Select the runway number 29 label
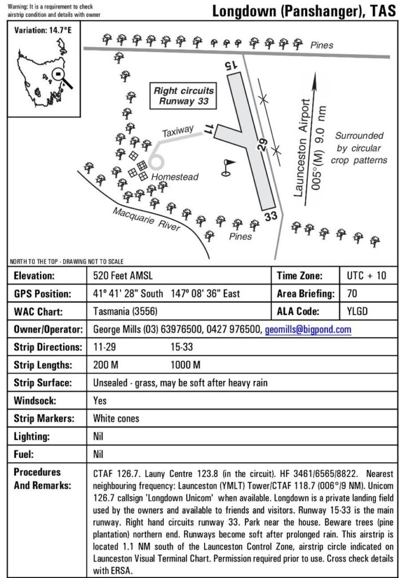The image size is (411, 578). point(262,145)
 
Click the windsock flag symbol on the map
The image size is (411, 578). point(228,167)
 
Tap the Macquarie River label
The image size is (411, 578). point(146,218)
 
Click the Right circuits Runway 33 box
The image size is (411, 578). point(184,96)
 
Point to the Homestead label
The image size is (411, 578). point(175,177)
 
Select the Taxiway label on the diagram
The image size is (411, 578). point(178,132)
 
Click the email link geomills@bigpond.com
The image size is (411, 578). point(308,329)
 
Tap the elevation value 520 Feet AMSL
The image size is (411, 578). point(123,276)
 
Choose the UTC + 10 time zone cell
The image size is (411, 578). point(366,276)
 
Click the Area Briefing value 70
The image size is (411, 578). point(352,294)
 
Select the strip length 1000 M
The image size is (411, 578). point(185,365)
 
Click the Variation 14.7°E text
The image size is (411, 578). point(43,29)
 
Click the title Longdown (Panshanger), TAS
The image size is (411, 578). point(303,11)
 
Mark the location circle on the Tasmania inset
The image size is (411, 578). point(57,74)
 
